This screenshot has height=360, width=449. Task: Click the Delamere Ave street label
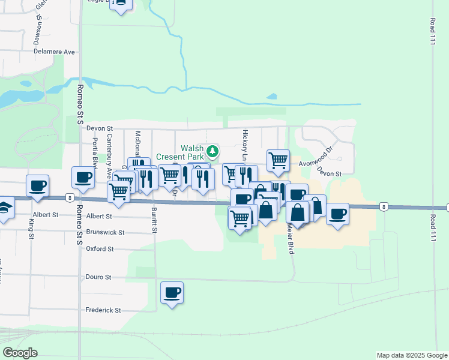click(54, 52)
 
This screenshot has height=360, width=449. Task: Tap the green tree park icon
click(212, 150)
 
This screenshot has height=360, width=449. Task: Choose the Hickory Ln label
click(244, 145)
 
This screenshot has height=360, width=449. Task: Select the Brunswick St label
click(105, 232)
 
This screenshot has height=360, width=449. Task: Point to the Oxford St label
click(100, 248)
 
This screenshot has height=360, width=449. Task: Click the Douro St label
click(99, 277)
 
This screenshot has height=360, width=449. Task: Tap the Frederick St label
click(103, 310)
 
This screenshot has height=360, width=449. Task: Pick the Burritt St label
click(154, 220)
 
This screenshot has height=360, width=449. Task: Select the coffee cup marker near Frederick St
click(172, 292)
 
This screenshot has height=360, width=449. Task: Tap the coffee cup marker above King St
click(37, 185)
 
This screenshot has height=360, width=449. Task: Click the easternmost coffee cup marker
click(338, 213)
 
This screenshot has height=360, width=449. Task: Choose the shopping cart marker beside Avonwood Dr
click(278, 160)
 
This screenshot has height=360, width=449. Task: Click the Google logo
click(19, 353)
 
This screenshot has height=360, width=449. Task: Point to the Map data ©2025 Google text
click(412, 355)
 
